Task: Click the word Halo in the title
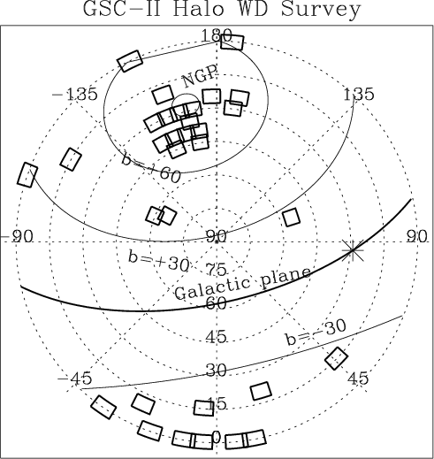(198, 9)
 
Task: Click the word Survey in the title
(321, 11)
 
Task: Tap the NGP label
(200, 76)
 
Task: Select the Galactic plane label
(242, 283)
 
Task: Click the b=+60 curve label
(150, 169)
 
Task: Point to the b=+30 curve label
(158, 260)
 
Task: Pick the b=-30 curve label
(316, 333)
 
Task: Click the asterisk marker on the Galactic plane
(353, 250)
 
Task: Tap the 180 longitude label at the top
(217, 35)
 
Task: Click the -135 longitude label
(74, 95)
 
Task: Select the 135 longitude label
(359, 95)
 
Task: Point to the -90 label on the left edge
(17, 236)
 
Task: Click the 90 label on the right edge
(417, 236)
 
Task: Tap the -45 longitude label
(74, 378)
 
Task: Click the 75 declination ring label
(216, 269)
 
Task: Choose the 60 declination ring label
(216, 302)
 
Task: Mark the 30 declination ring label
(216, 370)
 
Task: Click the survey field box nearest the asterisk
(292, 218)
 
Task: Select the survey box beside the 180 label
(232, 42)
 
